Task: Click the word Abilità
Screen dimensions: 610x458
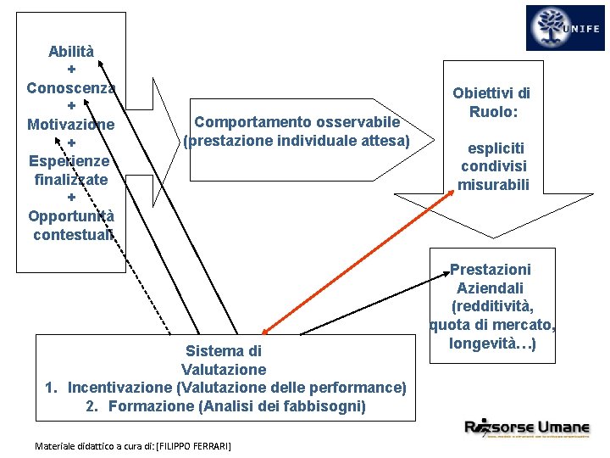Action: pos(71,51)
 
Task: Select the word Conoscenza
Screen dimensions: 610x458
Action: pos(71,87)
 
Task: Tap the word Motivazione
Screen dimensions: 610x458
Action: pos(71,125)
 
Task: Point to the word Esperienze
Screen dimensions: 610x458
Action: pos(71,160)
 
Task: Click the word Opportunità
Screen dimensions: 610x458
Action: pos(71,216)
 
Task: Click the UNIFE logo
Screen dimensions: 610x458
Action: pos(565,28)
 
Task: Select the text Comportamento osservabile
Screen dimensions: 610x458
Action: pos(297,122)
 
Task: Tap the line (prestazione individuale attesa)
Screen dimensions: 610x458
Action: pos(297,140)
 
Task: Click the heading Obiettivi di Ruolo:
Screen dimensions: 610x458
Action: pos(491,103)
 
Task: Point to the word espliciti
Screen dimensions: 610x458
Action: pos(491,148)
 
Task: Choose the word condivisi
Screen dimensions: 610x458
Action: pos(491,166)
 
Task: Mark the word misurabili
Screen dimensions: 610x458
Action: pos(491,184)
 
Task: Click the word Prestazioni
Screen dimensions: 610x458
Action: pos(491,270)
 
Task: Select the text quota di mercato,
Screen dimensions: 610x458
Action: pos(491,326)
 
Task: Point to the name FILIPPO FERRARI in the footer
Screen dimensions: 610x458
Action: pos(195,445)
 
